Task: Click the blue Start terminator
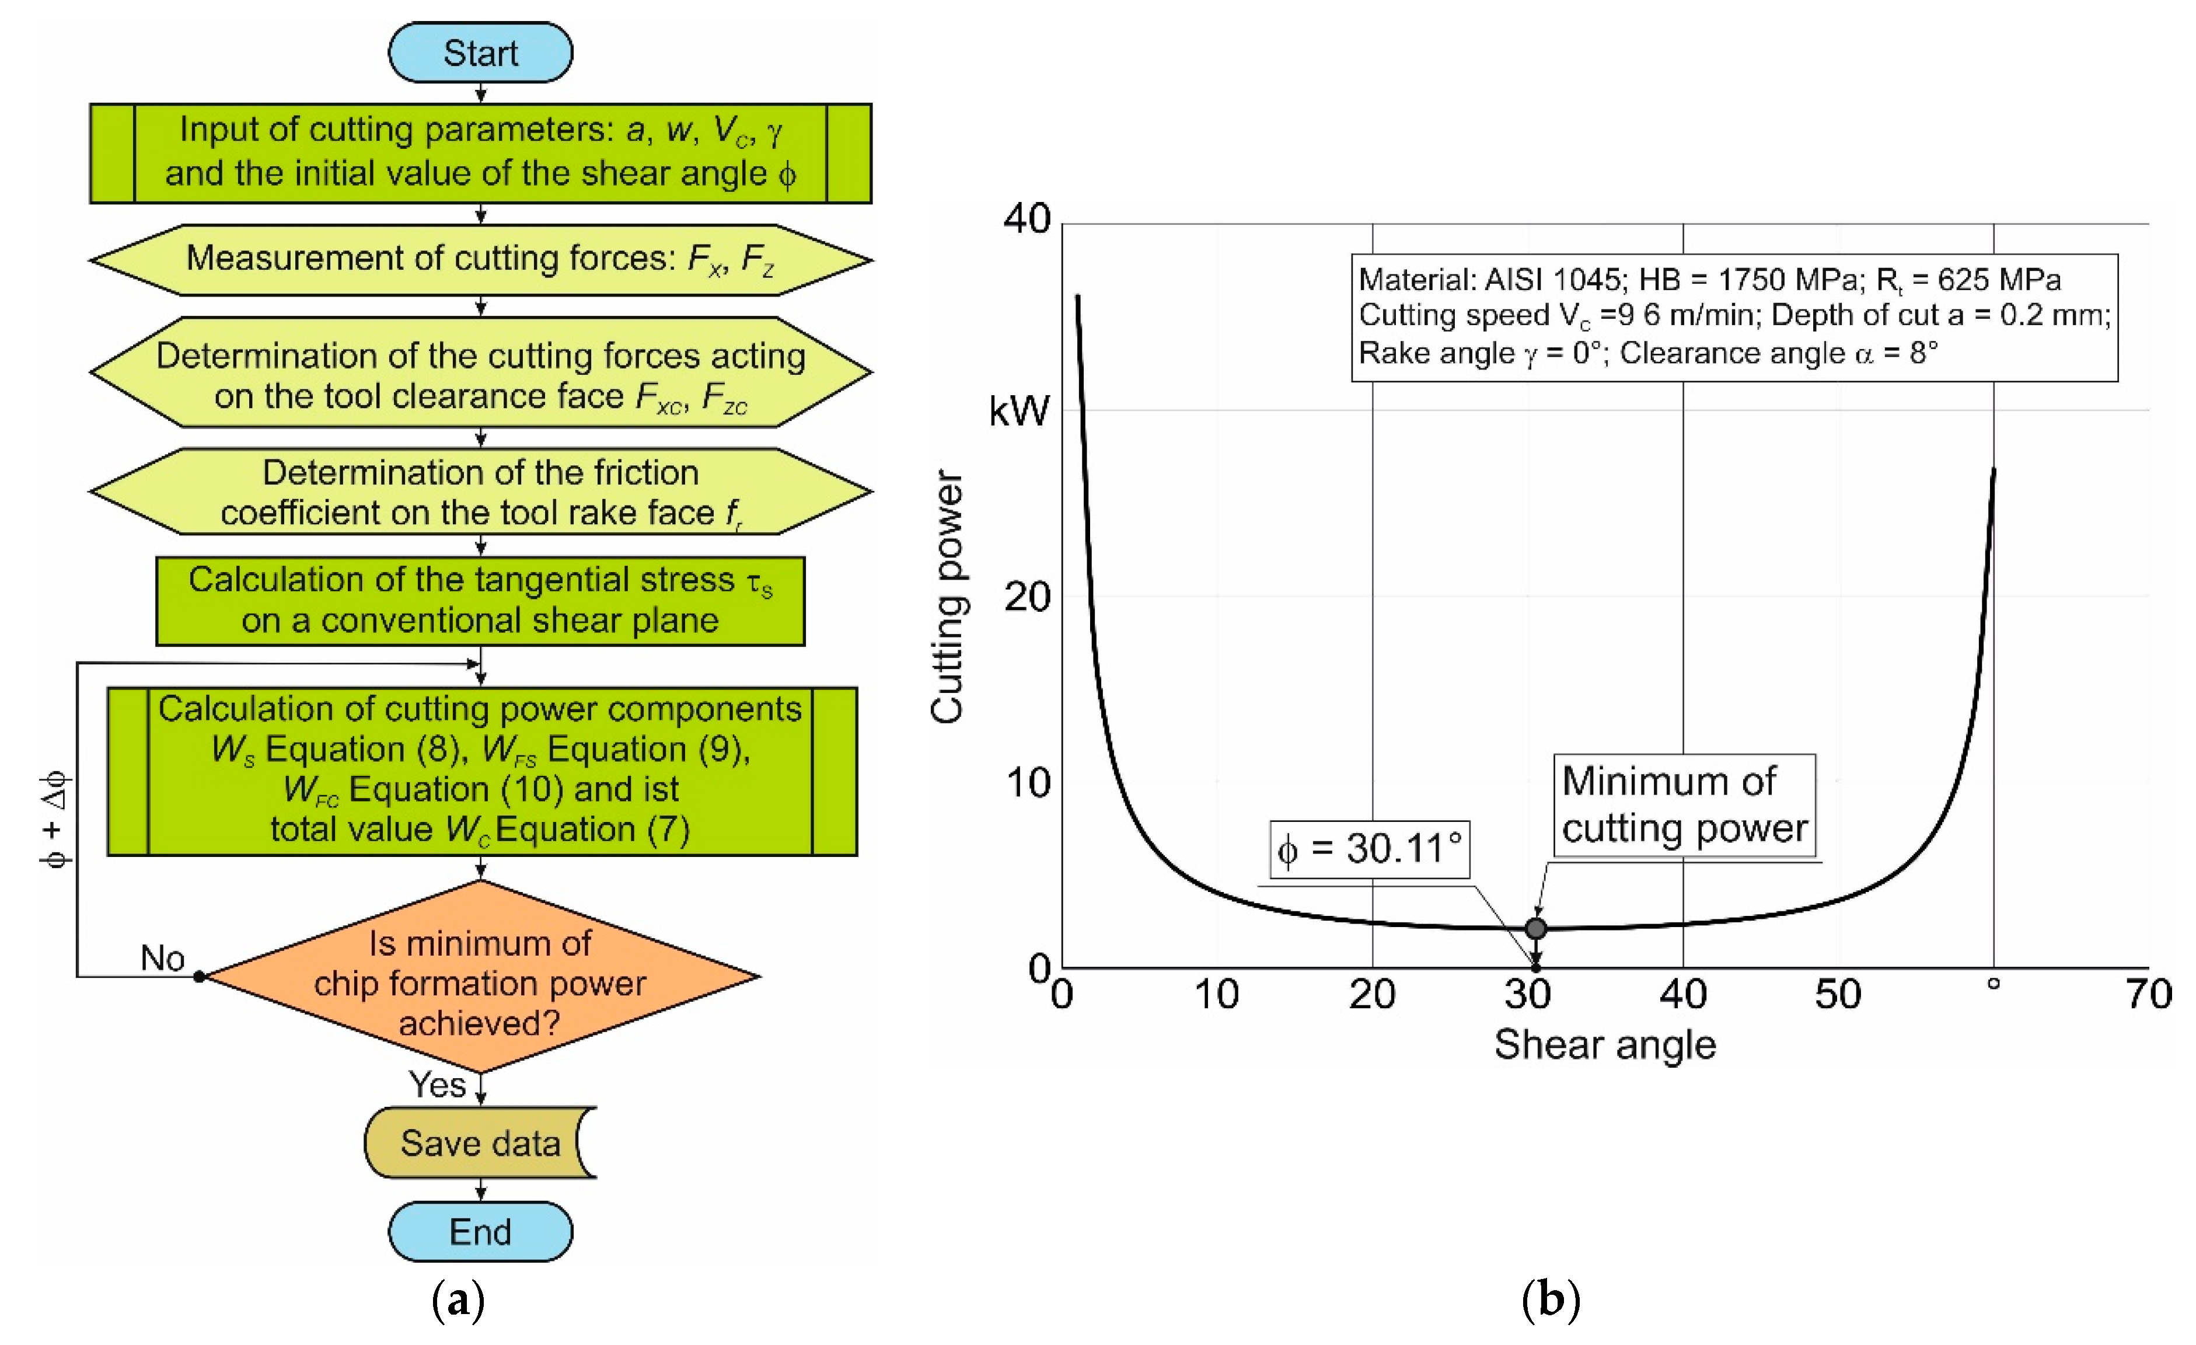(480, 53)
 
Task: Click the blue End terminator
(480, 1231)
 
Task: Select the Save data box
(480, 1142)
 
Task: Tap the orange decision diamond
(480, 981)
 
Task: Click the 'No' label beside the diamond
(162, 958)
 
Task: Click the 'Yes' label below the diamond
(437, 1085)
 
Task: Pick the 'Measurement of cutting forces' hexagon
(480, 259)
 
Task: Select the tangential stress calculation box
(480, 600)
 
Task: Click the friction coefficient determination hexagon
(480, 492)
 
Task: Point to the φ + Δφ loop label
(54, 818)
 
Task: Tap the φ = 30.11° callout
(1370, 849)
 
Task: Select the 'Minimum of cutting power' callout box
(1684, 805)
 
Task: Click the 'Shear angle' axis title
(1605, 1044)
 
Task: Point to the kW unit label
(1019, 411)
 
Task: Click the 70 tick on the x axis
(2148, 994)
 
